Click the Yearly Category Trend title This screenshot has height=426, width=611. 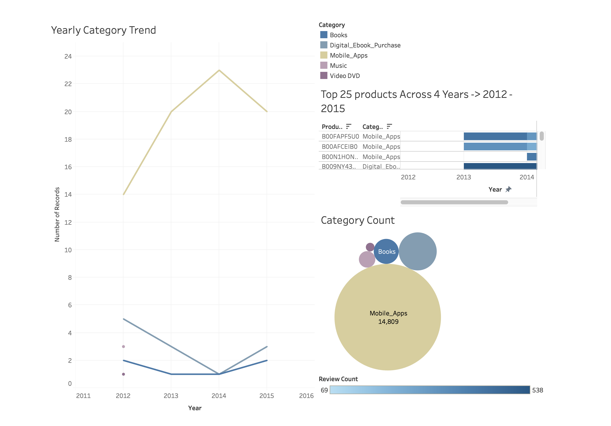[103, 30]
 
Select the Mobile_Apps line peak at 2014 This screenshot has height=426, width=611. [219, 70]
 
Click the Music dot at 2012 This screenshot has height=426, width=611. [123, 347]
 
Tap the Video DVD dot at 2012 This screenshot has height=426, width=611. [123, 374]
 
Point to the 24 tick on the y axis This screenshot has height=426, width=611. [68, 56]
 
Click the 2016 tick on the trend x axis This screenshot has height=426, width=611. [306, 396]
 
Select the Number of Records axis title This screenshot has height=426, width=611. [57, 214]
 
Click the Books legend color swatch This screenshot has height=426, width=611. [324, 35]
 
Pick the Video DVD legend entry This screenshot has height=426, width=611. [345, 76]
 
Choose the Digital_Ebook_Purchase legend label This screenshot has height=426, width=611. [365, 45]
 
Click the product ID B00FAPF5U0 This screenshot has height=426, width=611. [340, 136]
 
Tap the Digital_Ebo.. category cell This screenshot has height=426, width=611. [381, 166]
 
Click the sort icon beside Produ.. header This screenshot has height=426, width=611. [349, 126]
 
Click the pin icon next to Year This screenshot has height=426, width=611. [508, 189]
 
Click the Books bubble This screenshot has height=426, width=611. [386, 251]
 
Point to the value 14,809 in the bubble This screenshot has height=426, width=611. [388, 322]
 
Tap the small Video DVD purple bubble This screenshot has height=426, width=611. [370, 247]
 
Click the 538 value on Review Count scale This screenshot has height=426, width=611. [537, 390]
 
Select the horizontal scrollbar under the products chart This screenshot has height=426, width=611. [454, 202]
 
